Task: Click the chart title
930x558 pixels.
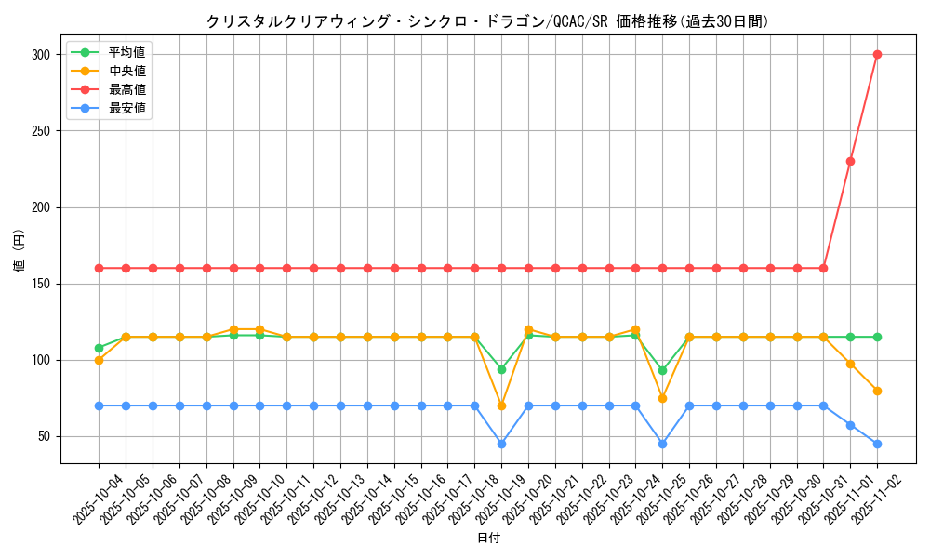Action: [x=487, y=21]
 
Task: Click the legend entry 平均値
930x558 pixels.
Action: [x=126, y=52]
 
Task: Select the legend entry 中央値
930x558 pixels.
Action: [x=126, y=71]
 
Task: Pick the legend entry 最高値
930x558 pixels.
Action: [x=126, y=89]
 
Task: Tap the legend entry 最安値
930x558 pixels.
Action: [x=126, y=108]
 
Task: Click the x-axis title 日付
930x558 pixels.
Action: [x=487, y=538]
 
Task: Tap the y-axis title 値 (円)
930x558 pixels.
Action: [x=20, y=251]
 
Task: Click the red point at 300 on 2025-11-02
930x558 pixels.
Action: [x=877, y=54]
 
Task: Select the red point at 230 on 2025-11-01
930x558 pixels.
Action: [x=850, y=161]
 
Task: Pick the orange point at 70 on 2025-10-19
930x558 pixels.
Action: [x=501, y=405]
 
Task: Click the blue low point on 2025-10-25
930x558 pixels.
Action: [x=662, y=444]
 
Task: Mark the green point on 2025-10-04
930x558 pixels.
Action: [x=99, y=348]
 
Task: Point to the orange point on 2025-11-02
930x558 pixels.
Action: [x=877, y=391]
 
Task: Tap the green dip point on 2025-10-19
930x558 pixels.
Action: [x=501, y=369]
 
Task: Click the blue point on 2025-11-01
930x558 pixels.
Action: [x=850, y=425]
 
